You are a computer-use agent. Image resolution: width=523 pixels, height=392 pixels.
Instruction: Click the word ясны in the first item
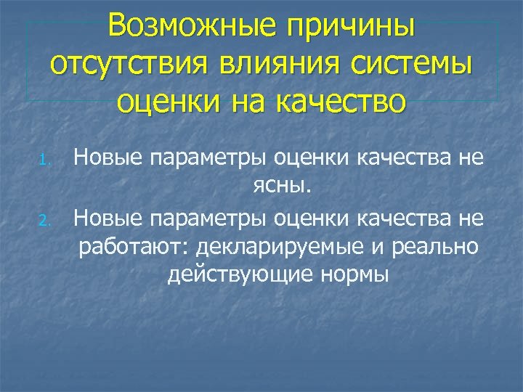coord(280,187)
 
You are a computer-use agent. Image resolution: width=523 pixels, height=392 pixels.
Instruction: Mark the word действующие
coord(228,275)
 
